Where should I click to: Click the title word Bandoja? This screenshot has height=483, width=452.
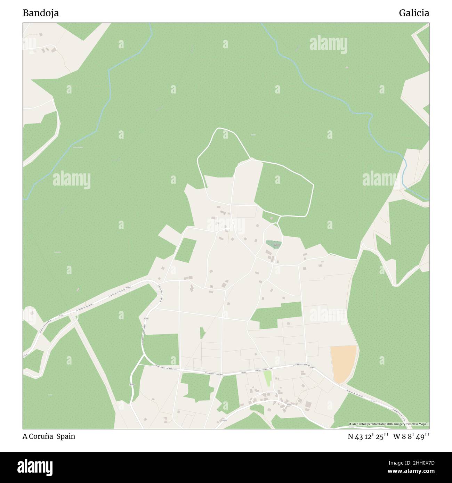41,13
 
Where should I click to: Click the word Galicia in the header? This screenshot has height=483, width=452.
414,13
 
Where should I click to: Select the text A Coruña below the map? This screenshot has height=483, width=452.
37,436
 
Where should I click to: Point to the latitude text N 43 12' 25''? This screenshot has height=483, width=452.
368,436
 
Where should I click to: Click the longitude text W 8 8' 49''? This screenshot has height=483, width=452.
411,436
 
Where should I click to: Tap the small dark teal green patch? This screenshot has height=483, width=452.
273,244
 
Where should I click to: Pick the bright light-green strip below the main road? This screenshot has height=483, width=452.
267,378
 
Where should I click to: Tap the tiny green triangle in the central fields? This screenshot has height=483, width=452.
202,333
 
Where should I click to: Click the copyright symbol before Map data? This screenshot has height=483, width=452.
350,424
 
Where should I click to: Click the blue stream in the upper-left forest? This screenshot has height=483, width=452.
109,87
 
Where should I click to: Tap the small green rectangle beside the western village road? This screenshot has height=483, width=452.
185,249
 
